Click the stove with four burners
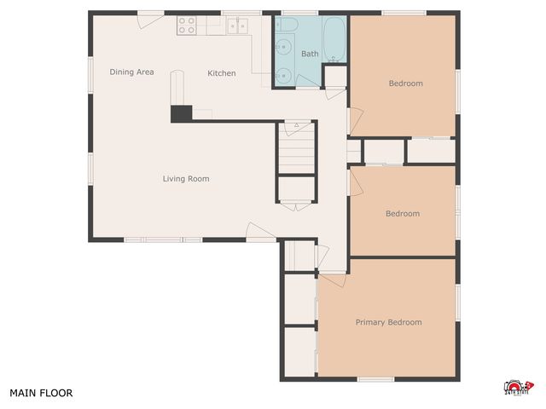(187, 26)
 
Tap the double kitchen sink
(236, 26)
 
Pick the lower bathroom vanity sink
(284, 75)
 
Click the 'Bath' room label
(310, 55)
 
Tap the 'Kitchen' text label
(222, 73)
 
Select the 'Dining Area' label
(131, 72)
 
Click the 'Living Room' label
(186, 179)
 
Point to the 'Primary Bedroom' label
(388, 322)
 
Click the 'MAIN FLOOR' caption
(41, 394)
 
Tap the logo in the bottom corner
(518, 389)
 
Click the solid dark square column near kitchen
(181, 113)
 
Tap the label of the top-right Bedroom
(405, 84)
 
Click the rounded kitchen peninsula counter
(177, 88)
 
